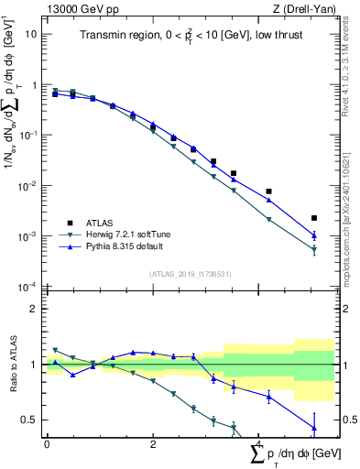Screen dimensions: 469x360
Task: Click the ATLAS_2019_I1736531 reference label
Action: (x=190, y=274)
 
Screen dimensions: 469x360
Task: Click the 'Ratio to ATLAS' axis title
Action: (x=12, y=365)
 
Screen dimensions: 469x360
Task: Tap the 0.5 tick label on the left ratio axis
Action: (x=29, y=420)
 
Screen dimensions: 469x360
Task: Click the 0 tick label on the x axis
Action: (x=47, y=443)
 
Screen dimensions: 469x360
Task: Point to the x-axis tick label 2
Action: (x=153, y=443)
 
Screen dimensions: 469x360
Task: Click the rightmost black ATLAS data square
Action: (x=314, y=218)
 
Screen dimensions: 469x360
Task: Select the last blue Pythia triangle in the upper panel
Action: (x=314, y=235)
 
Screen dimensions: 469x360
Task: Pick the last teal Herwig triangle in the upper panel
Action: (x=314, y=249)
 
